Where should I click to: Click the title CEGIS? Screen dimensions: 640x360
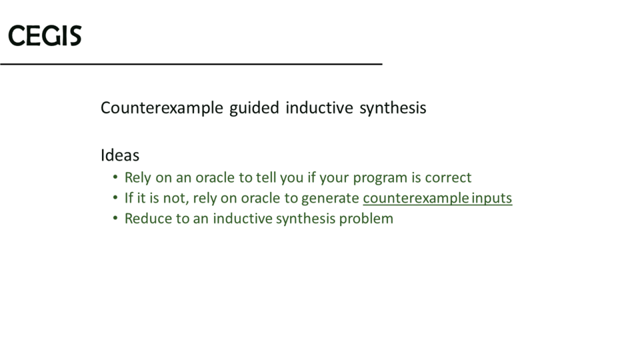click(x=45, y=35)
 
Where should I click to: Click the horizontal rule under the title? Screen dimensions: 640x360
click(x=191, y=64)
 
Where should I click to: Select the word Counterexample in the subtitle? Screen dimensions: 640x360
click(x=161, y=108)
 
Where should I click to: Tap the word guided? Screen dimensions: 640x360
click(x=254, y=108)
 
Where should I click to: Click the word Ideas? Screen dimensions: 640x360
click(x=120, y=155)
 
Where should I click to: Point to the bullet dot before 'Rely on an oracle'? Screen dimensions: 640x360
click(x=115, y=177)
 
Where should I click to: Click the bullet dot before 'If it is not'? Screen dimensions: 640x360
click(x=115, y=197)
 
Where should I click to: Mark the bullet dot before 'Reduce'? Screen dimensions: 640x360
click(x=115, y=218)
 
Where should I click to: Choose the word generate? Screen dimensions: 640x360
click(x=330, y=199)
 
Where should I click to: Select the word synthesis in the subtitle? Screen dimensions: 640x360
click(x=393, y=109)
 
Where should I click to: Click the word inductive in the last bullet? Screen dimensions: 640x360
click(x=242, y=219)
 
